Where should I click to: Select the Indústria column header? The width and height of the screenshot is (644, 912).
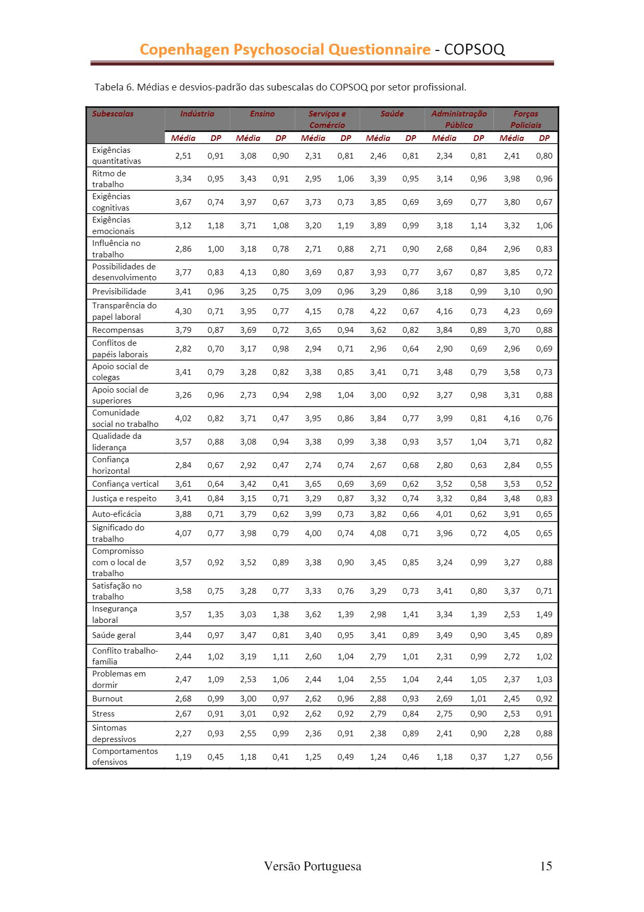(197, 114)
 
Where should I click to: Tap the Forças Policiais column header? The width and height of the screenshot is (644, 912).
(525, 119)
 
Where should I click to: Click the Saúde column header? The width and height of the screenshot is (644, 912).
(392, 114)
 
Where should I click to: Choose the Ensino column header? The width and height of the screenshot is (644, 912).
(262, 114)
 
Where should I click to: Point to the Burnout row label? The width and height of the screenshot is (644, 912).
(108, 698)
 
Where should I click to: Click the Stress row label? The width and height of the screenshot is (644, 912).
(103, 713)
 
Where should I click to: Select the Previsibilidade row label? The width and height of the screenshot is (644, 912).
(119, 291)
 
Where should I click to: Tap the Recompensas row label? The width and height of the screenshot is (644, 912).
(118, 330)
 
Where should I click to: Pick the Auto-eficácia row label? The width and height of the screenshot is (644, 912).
(116, 514)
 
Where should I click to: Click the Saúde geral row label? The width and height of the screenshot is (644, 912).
(114, 635)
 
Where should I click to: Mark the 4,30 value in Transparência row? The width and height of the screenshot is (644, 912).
(183, 311)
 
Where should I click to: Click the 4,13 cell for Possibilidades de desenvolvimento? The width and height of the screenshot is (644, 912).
(248, 272)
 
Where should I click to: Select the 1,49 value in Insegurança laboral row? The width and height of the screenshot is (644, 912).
(544, 614)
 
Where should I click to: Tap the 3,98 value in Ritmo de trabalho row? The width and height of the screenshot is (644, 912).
(511, 178)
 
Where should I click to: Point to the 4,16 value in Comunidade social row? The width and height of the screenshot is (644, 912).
(511, 418)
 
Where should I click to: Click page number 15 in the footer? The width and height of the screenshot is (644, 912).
(546, 866)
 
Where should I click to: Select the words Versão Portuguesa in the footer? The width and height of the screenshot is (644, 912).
(312, 866)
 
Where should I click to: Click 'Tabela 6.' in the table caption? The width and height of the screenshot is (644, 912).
(114, 87)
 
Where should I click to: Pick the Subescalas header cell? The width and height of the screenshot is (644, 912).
(113, 114)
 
